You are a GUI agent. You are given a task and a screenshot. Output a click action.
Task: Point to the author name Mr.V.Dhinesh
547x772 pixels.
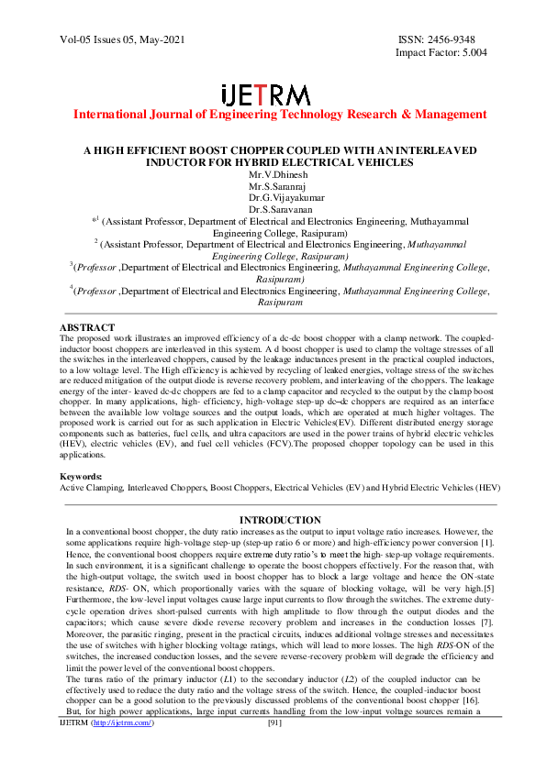[x=273, y=173]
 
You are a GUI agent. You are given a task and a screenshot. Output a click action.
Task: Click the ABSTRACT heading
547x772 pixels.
[x=87, y=327]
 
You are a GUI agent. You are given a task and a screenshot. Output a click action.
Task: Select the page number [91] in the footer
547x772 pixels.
[x=273, y=749]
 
